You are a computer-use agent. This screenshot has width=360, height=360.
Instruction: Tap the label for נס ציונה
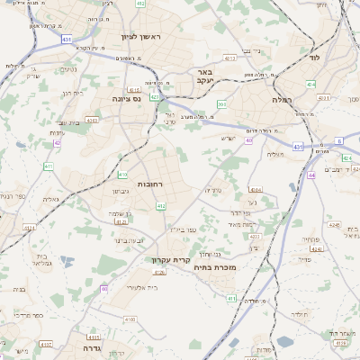pos(127,97)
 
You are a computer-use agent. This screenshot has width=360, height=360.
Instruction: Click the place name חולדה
pos(300,314)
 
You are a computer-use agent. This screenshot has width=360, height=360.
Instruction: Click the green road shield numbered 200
pos(221,104)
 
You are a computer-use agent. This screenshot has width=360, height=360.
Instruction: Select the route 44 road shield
pos(311,175)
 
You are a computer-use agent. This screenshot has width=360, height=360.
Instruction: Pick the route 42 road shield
pos(57,142)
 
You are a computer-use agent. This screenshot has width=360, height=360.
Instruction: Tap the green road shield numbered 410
pos(122,175)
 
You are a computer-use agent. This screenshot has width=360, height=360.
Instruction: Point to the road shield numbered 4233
pos(255,236)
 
